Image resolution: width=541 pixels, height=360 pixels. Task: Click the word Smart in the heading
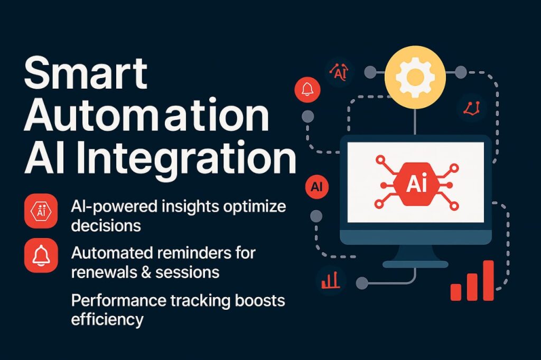pyautogui.click(x=86, y=73)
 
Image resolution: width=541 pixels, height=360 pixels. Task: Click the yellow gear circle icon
pyautogui.click(x=415, y=77)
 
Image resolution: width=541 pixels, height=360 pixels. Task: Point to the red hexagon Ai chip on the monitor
pyautogui.click(x=416, y=184)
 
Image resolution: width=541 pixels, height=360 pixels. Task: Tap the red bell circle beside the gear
pyautogui.click(x=307, y=89)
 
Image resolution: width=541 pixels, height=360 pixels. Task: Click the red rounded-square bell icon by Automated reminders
pyautogui.click(x=41, y=255)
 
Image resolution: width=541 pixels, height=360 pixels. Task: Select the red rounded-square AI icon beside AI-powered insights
pyautogui.click(x=41, y=211)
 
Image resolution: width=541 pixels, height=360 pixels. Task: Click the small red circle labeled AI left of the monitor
pyautogui.click(x=317, y=186)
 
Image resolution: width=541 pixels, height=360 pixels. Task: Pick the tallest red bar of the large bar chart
pyautogui.click(x=488, y=280)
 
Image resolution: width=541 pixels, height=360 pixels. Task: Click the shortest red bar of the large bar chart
pyautogui.click(x=456, y=292)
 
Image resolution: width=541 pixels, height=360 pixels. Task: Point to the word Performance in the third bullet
pyautogui.click(x=118, y=301)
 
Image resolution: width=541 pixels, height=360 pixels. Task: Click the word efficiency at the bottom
pyautogui.click(x=107, y=319)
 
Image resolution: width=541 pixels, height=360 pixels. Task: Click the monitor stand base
pyautogui.click(x=415, y=264)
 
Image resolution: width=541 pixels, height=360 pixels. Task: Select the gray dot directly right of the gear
pyautogui.click(x=460, y=72)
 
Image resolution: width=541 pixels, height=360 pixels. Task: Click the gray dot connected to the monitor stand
pyautogui.click(x=362, y=283)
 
